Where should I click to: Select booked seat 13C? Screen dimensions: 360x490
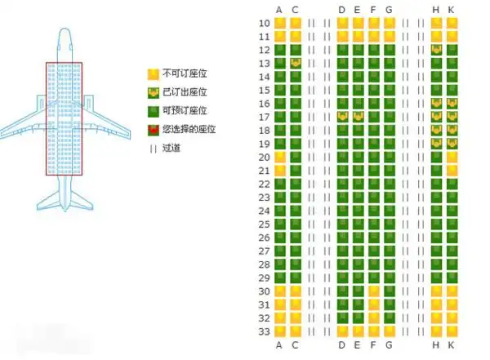[296, 64]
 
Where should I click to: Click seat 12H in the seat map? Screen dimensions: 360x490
[435, 50]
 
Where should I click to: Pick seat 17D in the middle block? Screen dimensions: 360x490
[342, 117]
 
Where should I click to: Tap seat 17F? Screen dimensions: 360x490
[373, 117]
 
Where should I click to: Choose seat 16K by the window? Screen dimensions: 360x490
[452, 104]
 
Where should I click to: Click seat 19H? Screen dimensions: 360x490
[435, 144]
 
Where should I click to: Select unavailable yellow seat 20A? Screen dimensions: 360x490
[280, 157]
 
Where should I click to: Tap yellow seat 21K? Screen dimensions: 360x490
[452, 171]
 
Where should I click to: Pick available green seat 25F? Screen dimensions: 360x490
[373, 224]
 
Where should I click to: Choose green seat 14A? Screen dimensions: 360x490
[280, 77]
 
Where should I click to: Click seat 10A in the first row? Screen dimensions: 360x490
[280, 23]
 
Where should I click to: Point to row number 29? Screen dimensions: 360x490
[264, 278]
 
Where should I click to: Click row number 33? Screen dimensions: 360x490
[264, 331]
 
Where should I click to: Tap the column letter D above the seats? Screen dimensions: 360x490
[342, 9]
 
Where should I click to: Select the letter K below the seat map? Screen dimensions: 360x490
[452, 345]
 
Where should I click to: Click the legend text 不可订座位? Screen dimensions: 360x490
[185, 72]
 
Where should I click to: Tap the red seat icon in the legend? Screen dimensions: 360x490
[153, 130]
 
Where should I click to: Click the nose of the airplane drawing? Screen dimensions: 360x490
[65, 33]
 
